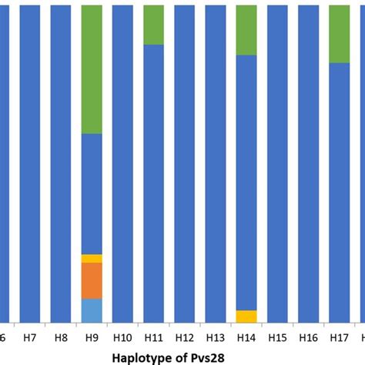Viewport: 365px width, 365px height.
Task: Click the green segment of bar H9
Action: (92, 69)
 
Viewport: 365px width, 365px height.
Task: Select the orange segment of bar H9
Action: (92, 281)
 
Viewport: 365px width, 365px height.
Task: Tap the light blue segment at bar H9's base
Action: (92, 310)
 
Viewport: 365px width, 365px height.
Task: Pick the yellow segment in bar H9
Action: (92, 259)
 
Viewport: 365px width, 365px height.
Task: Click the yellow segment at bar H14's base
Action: (246, 316)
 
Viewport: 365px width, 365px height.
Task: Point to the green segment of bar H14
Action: (246, 30)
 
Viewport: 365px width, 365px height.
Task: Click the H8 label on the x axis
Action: (61, 337)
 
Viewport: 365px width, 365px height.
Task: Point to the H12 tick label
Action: (184, 337)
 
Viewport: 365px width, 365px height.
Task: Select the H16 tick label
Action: (308, 337)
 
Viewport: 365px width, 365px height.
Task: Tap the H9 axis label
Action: (92, 337)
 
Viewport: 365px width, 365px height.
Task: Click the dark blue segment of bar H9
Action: (92, 193)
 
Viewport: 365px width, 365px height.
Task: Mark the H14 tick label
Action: (246, 337)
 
